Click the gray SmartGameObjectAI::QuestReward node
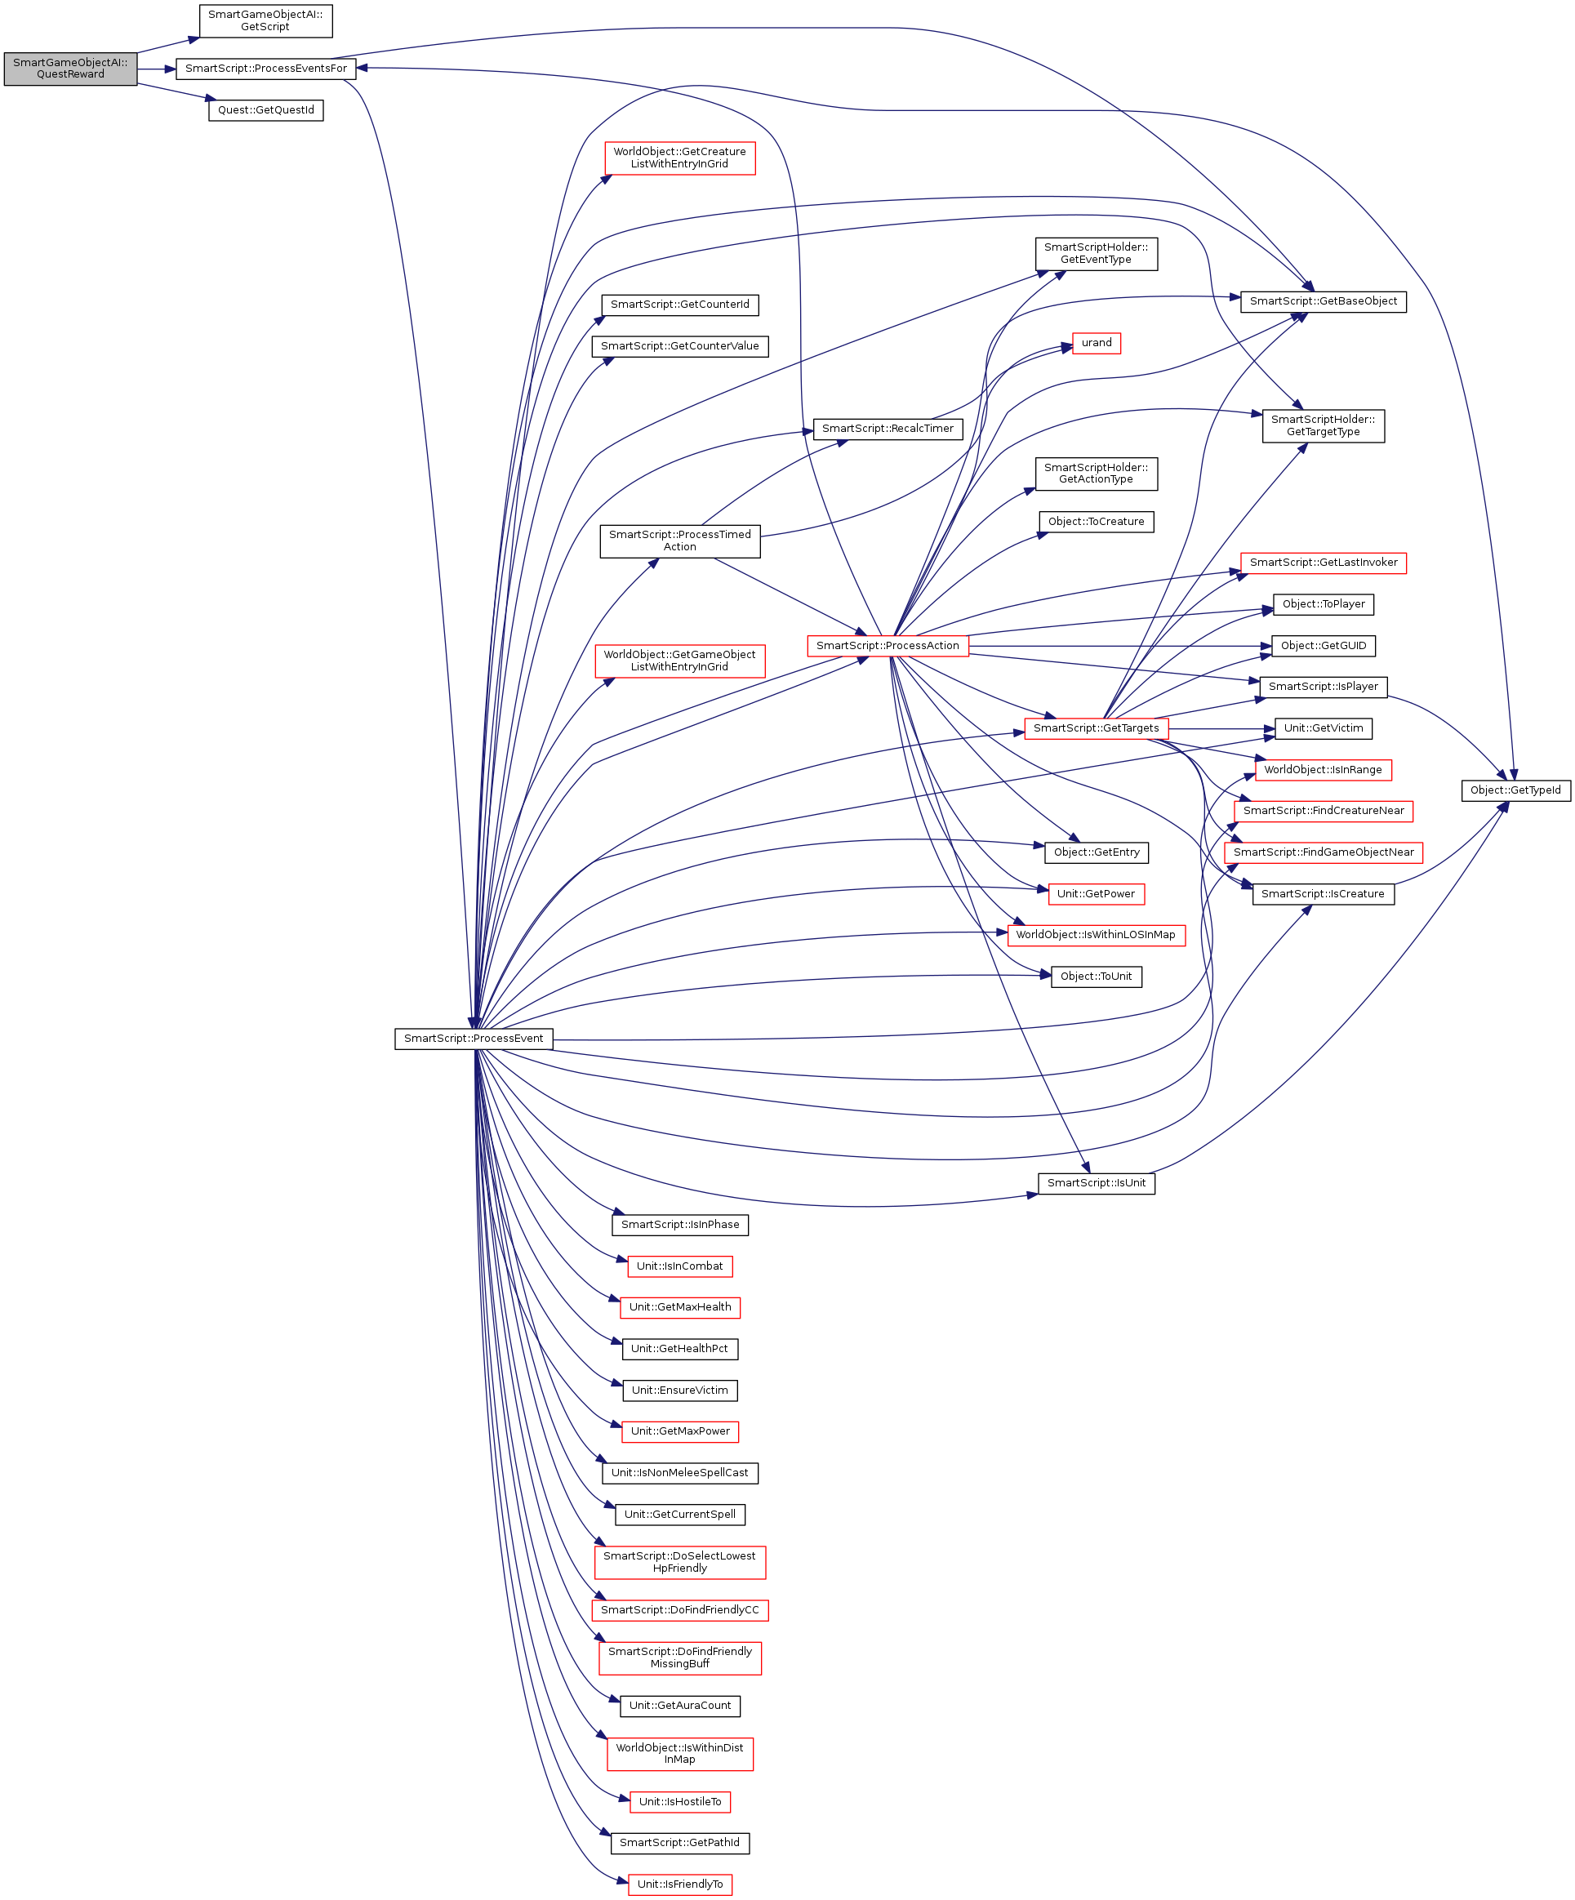(69, 69)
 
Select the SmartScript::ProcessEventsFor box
(265, 69)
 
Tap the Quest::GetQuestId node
(265, 110)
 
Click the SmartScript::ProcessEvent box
(473, 1039)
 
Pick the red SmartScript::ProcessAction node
(887, 646)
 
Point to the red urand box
(1096, 343)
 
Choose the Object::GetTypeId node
(1515, 790)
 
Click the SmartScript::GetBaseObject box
(1323, 301)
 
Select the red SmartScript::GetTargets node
(1096, 728)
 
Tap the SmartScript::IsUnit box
(1096, 1183)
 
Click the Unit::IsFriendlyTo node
(679, 1884)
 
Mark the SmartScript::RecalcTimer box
(887, 429)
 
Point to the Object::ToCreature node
(1096, 522)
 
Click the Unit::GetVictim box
(1323, 728)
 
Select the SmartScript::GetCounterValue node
(679, 346)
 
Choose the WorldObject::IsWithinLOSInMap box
(1096, 936)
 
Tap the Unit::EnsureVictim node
(679, 1391)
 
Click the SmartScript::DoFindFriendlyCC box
(679, 1610)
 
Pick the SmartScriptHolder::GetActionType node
(1096, 474)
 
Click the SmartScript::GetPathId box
(679, 1843)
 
